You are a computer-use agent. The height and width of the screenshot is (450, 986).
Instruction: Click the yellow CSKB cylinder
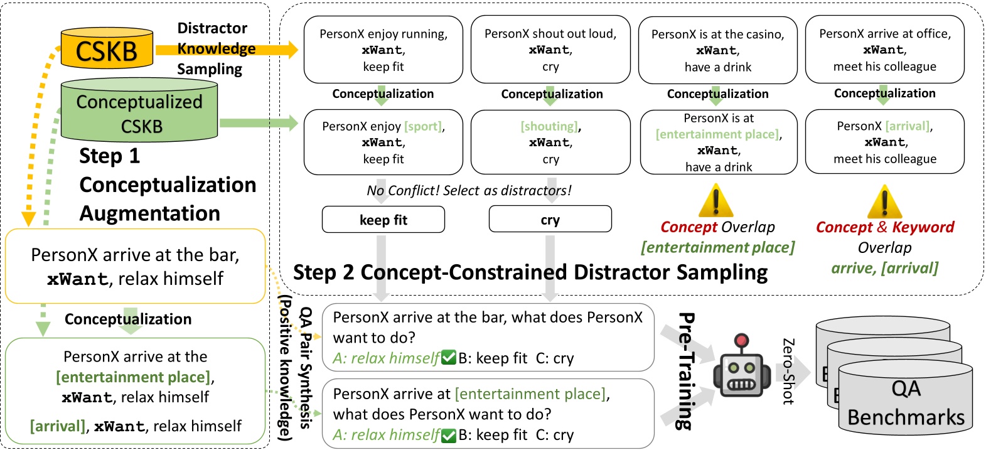pos(106,49)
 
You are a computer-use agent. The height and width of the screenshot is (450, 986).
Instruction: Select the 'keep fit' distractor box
pos(383,220)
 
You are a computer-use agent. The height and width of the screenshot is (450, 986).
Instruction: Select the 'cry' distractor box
pos(550,220)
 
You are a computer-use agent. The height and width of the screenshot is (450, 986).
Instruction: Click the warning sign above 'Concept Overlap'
pos(715,201)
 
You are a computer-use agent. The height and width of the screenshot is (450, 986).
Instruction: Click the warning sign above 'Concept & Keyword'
pos(884,202)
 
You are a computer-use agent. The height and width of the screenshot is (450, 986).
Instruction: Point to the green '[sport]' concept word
pos(423,126)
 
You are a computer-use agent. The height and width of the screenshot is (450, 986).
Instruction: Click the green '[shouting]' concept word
pos(549,126)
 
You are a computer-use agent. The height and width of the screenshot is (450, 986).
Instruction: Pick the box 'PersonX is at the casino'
pos(717,50)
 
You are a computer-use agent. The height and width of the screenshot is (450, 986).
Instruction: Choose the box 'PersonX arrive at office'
pos(884,50)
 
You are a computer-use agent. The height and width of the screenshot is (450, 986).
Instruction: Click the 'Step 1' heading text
pos(109,156)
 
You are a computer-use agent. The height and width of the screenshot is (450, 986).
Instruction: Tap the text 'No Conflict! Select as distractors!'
pos(469,190)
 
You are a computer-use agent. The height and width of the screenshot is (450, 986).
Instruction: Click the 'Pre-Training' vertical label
pos(685,370)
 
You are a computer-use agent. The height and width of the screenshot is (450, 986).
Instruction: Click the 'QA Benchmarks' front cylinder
pos(905,402)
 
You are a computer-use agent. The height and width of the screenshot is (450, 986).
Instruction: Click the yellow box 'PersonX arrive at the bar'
pos(135,266)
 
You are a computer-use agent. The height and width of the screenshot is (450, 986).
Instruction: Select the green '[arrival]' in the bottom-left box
pos(58,426)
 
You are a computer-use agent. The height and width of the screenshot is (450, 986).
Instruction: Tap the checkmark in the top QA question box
pos(448,358)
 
